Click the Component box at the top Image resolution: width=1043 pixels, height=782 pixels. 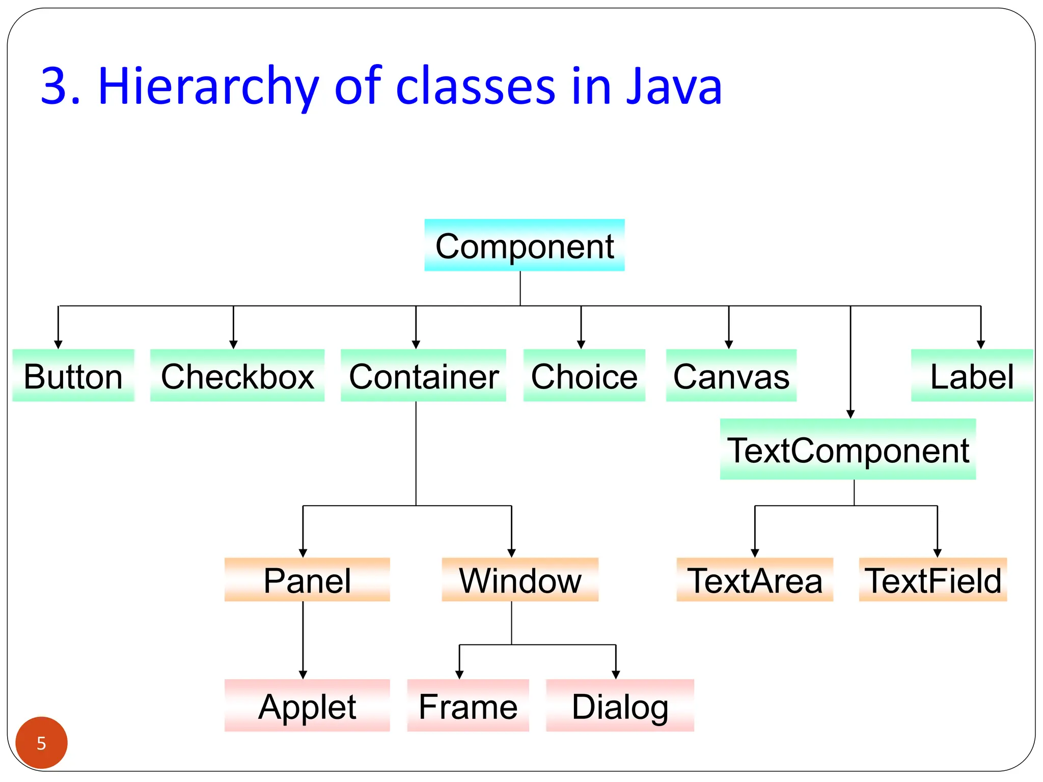[524, 245]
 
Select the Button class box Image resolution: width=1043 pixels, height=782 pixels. [73, 376]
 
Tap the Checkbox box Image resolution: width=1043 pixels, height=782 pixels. [237, 376]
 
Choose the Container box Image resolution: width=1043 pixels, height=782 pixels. [423, 376]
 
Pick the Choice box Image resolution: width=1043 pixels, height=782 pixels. [584, 376]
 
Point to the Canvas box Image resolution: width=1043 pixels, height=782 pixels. [731, 376]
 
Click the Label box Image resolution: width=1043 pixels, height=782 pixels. [971, 376]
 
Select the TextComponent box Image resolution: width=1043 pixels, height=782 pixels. [847, 450]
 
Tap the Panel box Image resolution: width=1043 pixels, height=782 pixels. [307, 580]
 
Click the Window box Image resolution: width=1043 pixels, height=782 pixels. [519, 580]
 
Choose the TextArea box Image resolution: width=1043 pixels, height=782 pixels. [754, 580]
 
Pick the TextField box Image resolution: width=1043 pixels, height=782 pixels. [932, 580]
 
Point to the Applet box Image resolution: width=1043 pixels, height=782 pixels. [307, 706]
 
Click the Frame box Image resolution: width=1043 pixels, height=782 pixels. [468, 706]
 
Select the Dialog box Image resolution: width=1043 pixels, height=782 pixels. [619, 706]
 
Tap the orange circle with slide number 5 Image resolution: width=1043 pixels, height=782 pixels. [41, 743]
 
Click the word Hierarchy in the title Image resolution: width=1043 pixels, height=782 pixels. [209, 87]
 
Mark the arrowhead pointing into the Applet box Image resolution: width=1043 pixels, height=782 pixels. [303, 675]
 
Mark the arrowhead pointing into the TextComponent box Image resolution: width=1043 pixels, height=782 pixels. [850, 414]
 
